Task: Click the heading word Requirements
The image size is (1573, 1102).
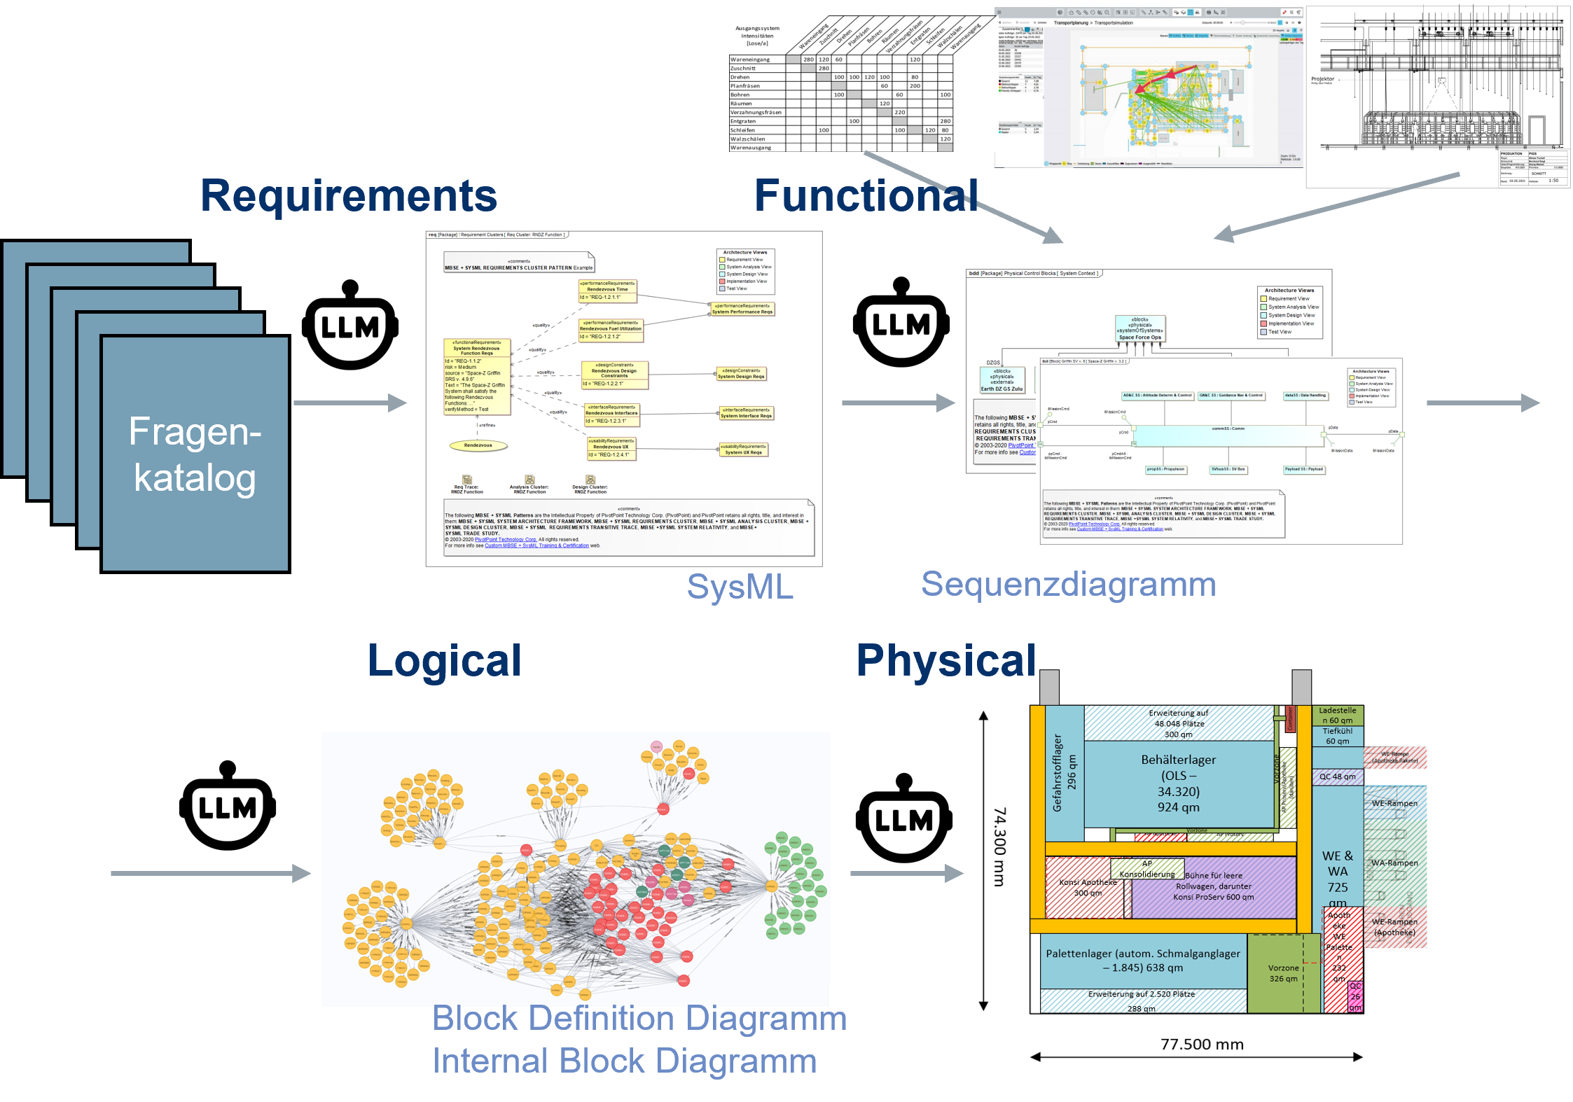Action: tap(348, 195)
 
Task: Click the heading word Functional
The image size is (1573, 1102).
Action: tap(866, 195)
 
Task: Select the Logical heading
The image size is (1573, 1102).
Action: tap(444, 660)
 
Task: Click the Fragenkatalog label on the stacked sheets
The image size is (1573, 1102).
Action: tap(195, 454)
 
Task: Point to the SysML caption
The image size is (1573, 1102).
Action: tap(740, 587)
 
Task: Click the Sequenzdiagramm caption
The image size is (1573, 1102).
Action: tap(1068, 584)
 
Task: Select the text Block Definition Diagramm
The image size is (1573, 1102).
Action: tap(639, 1018)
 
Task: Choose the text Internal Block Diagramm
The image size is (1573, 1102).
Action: tap(624, 1061)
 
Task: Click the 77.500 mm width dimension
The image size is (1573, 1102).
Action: tap(1202, 1045)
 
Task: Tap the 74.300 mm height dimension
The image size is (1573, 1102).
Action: tap(1000, 846)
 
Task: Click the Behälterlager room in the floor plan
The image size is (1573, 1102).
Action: tap(1178, 783)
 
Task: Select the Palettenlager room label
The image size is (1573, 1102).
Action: tap(1142, 961)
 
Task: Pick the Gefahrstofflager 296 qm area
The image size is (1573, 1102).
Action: tap(1064, 773)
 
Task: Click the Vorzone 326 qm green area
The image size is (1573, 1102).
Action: tap(1283, 973)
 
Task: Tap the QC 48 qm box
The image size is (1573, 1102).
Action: tap(1337, 776)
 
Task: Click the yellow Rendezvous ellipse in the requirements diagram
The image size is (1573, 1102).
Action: tap(478, 445)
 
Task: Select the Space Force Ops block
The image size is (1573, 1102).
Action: tap(1139, 328)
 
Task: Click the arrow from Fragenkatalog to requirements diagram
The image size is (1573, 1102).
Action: tap(349, 403)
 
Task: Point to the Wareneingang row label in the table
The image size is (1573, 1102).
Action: tap(750, 60)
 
